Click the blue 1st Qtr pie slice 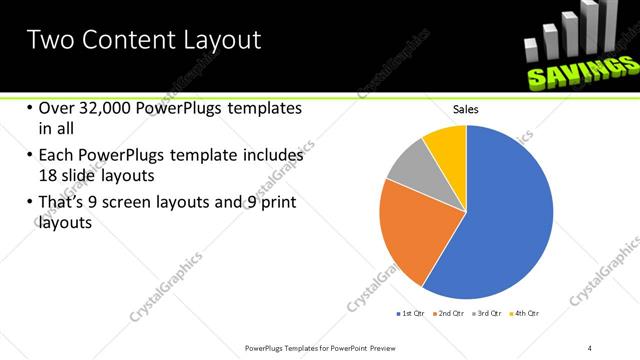pyautogui.click(x=500, y=220)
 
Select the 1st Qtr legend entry pyautogui.click(x=411, y=314)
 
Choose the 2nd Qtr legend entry pyautogui.click(x=449, y=314)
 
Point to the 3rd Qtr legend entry pyautogui.click(x=487, y=314)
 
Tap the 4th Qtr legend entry pyautogui.click(x=525, y=314)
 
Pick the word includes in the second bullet pyautogui.click(x=272, y=156)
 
